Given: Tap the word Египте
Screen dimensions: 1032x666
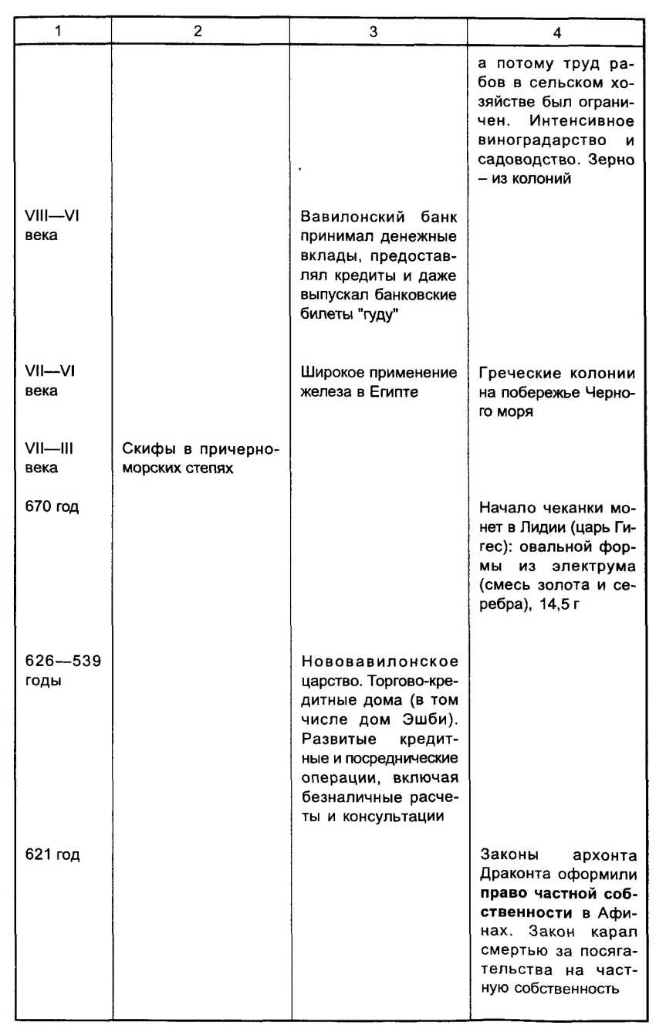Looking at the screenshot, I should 398,392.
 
